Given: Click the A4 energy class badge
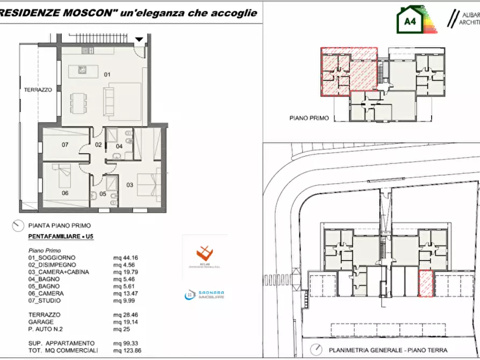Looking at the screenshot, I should click(410, 21).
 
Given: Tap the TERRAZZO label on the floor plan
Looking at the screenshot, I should click(38, 90).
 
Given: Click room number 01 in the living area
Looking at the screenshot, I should click(106, 75).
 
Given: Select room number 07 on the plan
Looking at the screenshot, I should click(65, 145).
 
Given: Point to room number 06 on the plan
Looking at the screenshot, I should click(65, 193).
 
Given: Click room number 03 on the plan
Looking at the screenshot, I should click(130, 185).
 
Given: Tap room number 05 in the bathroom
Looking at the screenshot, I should click(103, 194).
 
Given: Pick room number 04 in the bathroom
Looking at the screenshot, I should click(119, 146).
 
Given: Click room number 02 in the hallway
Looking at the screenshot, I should click(98, 145).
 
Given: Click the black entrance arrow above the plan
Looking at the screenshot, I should click(139, 39).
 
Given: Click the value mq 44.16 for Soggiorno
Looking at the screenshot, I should click(124, 258).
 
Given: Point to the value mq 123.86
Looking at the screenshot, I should click(125, 350).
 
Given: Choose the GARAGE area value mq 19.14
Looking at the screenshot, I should click(124, 322).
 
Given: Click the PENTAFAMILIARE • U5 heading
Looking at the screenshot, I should click(60, 236).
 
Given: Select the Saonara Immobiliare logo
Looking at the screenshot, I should click(204, 295).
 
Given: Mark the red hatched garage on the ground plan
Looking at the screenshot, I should click(426, 283).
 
